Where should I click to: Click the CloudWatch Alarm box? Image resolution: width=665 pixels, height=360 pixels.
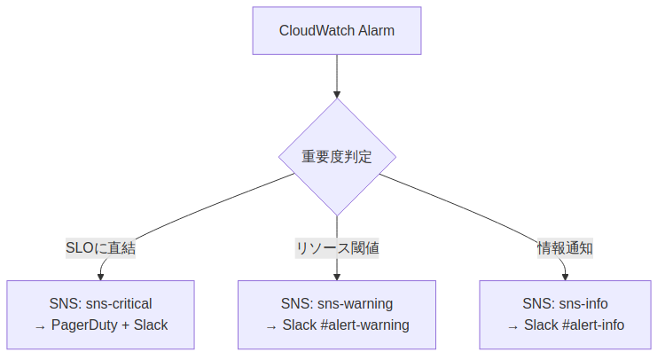[x=337, y=31]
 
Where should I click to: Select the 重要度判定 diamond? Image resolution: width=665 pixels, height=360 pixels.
[x=337, y=157]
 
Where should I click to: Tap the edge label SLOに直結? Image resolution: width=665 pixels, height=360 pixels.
[x=100, y=248]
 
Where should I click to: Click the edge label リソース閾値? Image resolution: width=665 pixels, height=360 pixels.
[x=337, y=248]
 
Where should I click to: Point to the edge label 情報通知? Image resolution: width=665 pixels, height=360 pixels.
[x=565, y=248]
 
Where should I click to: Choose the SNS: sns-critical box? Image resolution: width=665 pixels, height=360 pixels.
[x=100, y=314]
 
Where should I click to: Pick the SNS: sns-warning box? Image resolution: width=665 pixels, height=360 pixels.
[x=337, y=314]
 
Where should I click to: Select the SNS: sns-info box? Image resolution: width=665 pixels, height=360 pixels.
[x=565, y=314]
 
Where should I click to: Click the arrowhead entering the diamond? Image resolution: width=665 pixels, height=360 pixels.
[x=337, y=93]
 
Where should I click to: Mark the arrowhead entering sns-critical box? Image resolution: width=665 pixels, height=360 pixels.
[x=100, y=276]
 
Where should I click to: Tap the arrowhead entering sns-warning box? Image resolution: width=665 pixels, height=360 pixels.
[x=337, y=276]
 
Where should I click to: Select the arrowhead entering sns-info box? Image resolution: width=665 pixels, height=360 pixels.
[x=565, y=276]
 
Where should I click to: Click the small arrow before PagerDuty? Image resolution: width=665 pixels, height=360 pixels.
[x=40, y=326]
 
